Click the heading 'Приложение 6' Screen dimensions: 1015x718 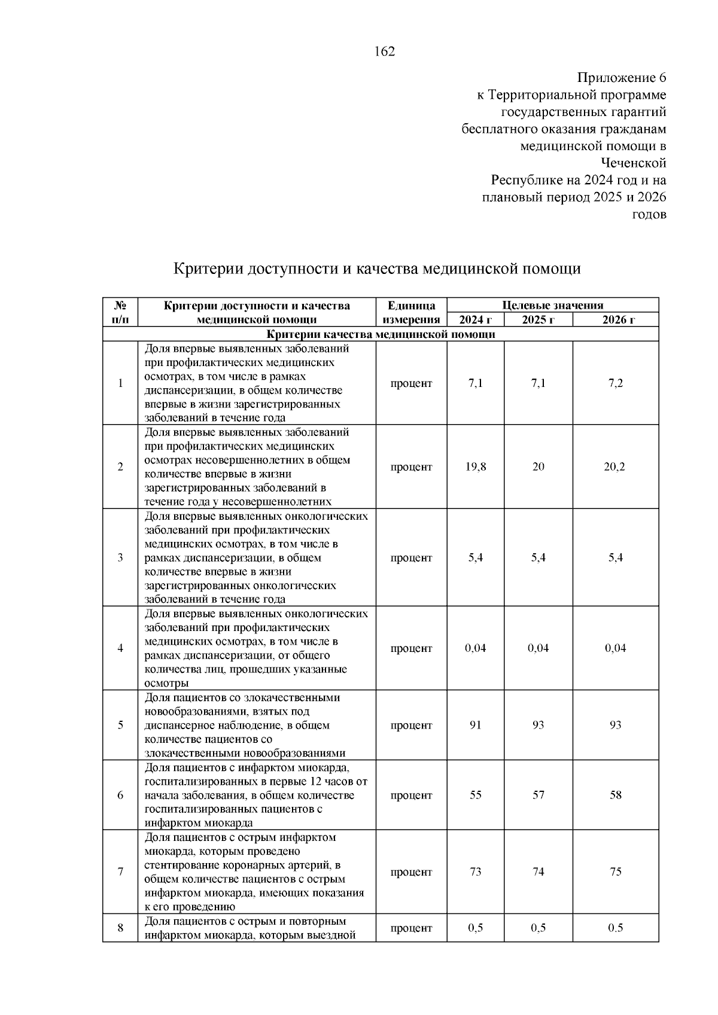click(621, 78)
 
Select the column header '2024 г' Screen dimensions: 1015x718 click(475, 320)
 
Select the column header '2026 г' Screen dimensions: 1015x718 click(616, 320)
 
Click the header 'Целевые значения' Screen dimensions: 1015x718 click(552, 306)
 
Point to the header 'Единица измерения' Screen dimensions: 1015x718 click(411, 312)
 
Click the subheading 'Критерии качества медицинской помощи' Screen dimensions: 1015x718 click(381, 334)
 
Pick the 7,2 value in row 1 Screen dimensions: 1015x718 click(616, 383)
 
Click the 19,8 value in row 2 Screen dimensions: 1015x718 click(475, 467)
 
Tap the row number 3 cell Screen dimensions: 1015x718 click(120, 558)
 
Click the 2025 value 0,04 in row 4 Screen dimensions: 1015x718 click(538, 648)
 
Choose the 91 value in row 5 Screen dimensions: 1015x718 click(475, 726)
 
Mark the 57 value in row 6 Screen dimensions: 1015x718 click(538, 795)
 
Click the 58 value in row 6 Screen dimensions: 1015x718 click(616, 795)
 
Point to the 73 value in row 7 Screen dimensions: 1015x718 click(475, 872)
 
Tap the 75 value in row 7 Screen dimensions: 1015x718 click(616, 872)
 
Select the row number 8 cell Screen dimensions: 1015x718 click(120, 928)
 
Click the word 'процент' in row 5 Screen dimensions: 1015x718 click(411, 726)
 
